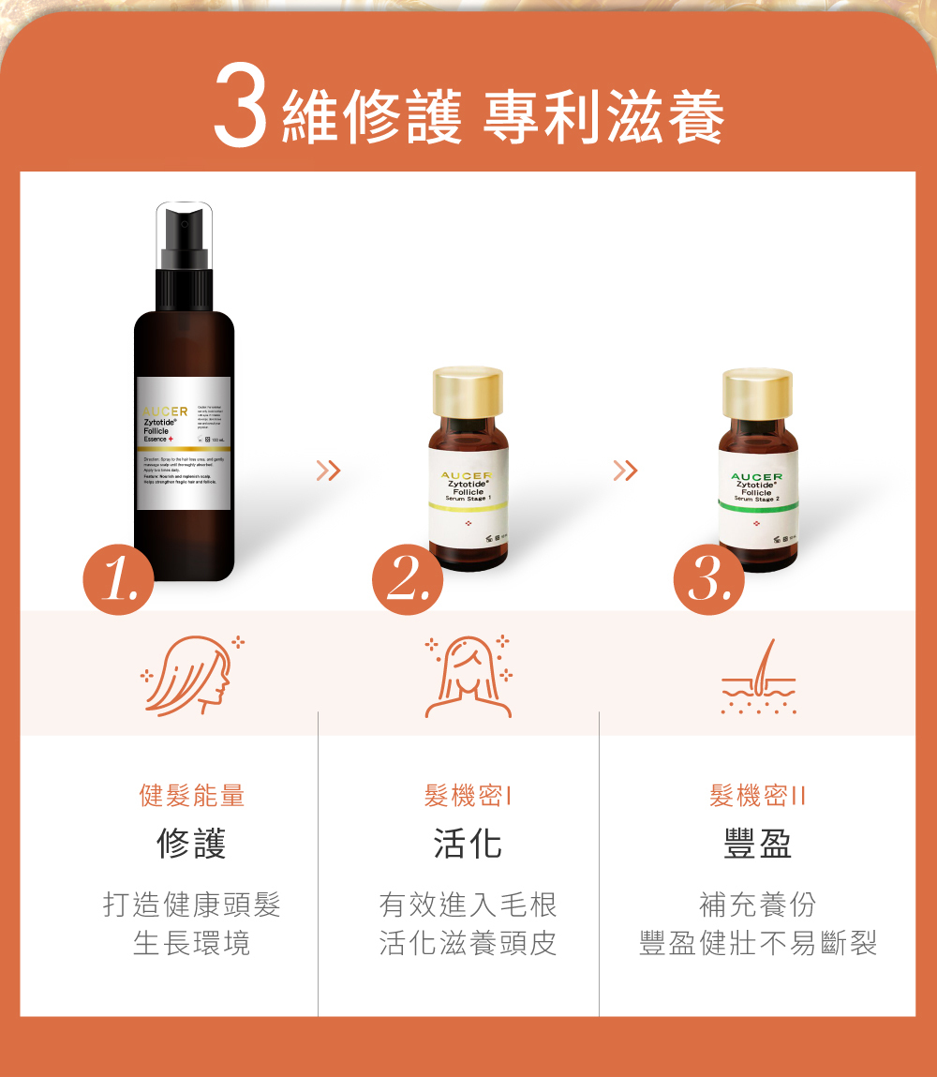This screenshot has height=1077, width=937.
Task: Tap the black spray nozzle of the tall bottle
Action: (x=184, y=239)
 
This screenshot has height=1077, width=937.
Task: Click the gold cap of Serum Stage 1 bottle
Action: (x=468, y=391)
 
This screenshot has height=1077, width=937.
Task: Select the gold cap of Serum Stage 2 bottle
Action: (x=757, y=391)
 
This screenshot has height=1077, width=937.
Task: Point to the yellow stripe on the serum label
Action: (x=468, y=505)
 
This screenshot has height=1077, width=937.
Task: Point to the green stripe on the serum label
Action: (x=757, y=507)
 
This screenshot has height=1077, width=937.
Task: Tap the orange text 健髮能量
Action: (x=192, y=797)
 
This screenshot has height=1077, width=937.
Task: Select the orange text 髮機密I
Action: (x=468, y=797)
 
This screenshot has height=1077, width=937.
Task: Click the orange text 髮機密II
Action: (x=757, y=797)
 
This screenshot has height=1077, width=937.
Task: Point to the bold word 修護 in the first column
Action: (x=192, y=845)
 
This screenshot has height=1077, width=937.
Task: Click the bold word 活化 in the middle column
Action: (x=468, y=845)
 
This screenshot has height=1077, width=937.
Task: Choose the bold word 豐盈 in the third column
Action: (x=757, y=845)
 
